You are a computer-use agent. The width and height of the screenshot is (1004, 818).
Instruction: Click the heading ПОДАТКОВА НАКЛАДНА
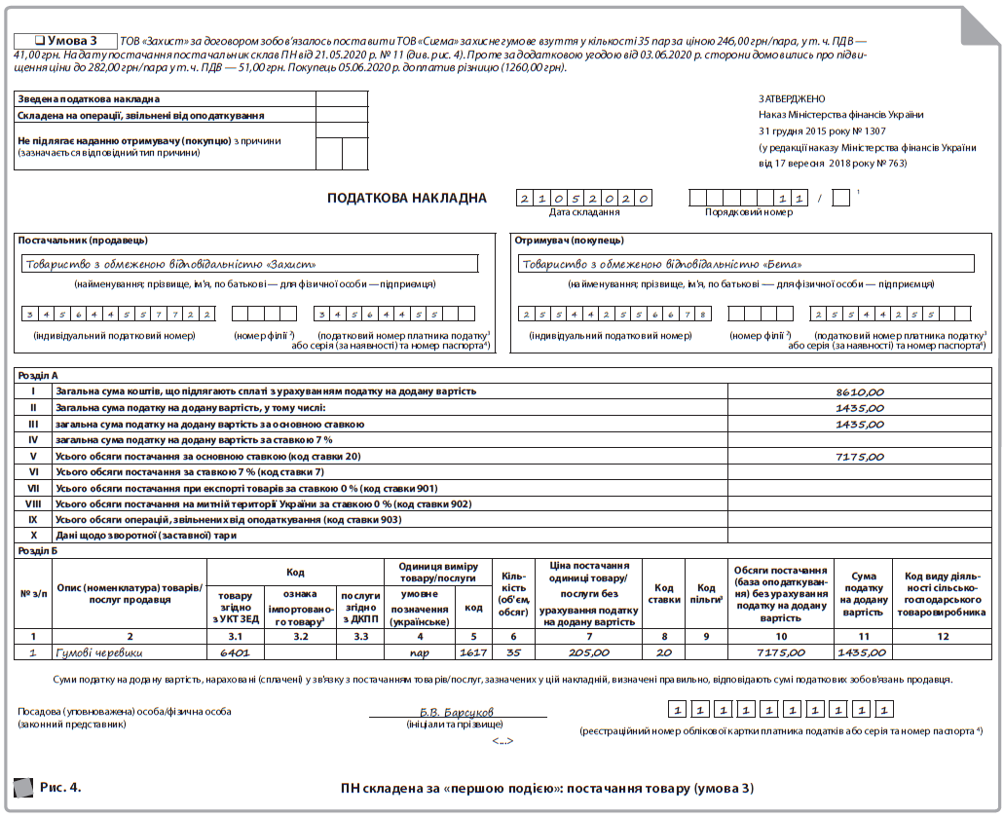click(406, 199)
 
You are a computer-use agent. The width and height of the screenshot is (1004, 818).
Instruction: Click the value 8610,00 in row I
click(860, 390)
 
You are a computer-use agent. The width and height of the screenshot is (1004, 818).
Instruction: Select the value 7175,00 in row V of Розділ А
click(860, 456)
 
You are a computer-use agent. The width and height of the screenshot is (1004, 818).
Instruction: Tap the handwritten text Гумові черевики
click(99, 652)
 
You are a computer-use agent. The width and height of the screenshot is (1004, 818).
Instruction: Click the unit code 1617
click(473, 652)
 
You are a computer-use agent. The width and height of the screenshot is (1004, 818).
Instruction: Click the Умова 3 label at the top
click(65, 41)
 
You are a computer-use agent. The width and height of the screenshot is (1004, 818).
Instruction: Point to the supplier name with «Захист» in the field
click(170, 263)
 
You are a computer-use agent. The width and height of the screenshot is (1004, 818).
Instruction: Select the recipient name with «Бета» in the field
click(662, 263)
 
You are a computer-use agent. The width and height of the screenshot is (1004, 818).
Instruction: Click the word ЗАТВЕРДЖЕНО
click(792, 98)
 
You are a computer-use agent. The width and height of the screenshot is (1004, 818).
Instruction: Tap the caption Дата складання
click(584, 211)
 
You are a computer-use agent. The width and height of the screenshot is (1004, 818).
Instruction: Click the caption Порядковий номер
click(749, 211)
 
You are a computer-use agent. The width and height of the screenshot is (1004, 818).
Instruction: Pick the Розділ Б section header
click(38, 549)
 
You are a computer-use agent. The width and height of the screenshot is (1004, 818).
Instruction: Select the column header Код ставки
click(665, 594)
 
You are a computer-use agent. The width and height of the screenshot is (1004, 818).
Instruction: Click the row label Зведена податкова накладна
click(89, 98)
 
